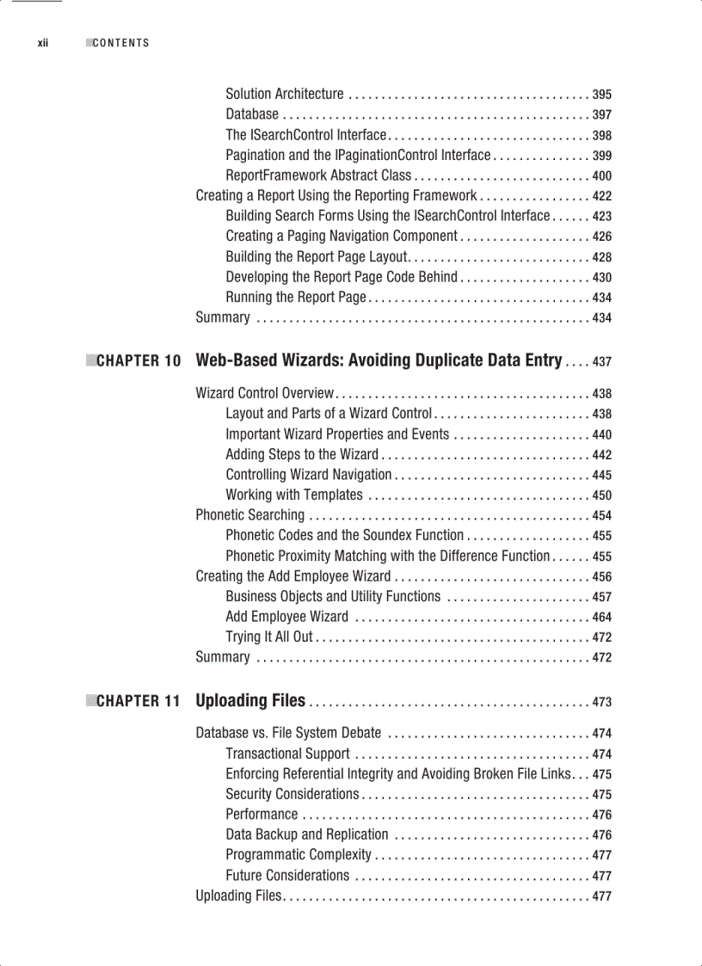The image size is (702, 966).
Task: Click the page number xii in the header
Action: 42,43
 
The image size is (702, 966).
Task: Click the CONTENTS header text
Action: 120,43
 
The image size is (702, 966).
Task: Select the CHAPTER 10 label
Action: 139,361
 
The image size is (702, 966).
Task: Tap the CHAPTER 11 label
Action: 139,702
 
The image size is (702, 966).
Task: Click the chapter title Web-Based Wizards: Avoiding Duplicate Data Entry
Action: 379,360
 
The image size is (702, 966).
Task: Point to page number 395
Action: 602,95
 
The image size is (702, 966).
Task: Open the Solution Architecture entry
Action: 284,94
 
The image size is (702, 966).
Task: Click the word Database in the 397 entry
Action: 252,114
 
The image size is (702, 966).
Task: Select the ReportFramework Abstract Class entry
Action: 318,175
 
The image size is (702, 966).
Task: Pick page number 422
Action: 602,196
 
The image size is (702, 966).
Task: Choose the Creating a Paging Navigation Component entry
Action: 342,236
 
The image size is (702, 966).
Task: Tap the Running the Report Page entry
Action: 296,298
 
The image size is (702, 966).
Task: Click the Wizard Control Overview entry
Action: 265,393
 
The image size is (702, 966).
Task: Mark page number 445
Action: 602,475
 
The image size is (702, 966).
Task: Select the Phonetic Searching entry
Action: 249,515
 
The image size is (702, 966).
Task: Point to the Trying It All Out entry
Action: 269,637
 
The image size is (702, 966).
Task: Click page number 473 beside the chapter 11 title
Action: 602,703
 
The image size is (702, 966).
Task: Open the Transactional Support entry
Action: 287,754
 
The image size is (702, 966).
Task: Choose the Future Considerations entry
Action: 287,876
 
